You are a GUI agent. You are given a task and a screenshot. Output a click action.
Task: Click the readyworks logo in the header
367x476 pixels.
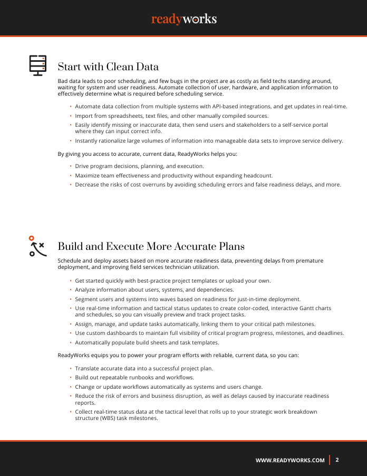(183, 19)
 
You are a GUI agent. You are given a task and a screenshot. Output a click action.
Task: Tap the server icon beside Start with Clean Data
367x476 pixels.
(37, 66)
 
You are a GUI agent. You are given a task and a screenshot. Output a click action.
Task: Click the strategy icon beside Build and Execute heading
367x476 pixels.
(36, 246)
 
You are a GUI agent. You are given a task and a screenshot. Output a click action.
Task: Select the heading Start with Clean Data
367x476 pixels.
(108, 67)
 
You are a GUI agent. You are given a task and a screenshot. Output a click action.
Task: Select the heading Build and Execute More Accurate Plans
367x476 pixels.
(151, 247)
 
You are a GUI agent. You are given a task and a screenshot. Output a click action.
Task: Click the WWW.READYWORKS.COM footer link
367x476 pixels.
(290, 461)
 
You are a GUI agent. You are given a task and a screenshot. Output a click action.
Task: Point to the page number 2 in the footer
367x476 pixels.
(337, 460)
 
